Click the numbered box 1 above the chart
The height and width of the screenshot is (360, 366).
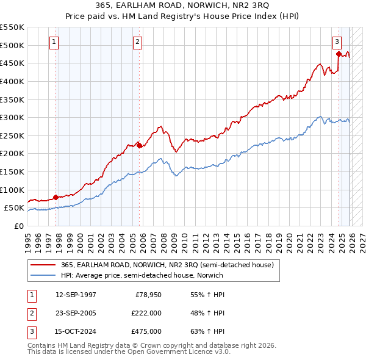(x=54, y=41)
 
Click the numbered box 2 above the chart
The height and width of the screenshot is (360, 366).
(x=138, y=41)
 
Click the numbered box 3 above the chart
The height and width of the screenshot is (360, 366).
(x=337, y=41)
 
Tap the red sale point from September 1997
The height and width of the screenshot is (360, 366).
(x=56, y=197)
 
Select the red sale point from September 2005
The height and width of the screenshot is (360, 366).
(x=139, y=145)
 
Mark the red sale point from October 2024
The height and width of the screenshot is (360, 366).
(x=339, y=54)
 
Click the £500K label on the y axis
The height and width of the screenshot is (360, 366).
(x=12, y=45)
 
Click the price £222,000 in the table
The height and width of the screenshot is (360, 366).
(x=146, y=313)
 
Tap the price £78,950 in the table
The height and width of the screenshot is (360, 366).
(x=148, y=295)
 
